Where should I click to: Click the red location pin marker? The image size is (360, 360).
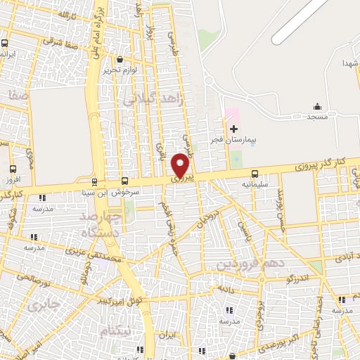[x=181, y=166]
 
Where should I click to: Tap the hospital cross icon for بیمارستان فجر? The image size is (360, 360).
[x=233, y=129]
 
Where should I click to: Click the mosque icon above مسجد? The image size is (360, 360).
[x=317, y=106]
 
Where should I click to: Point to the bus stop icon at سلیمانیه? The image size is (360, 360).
[x=255, y=173]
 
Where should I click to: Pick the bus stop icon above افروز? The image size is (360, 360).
[x=13, y=169]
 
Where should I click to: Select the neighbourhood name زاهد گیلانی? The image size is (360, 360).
[x=162, y=99]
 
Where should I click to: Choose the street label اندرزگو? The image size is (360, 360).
[x=281, y=279]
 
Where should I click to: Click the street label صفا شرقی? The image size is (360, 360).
[x=59, y=41]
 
